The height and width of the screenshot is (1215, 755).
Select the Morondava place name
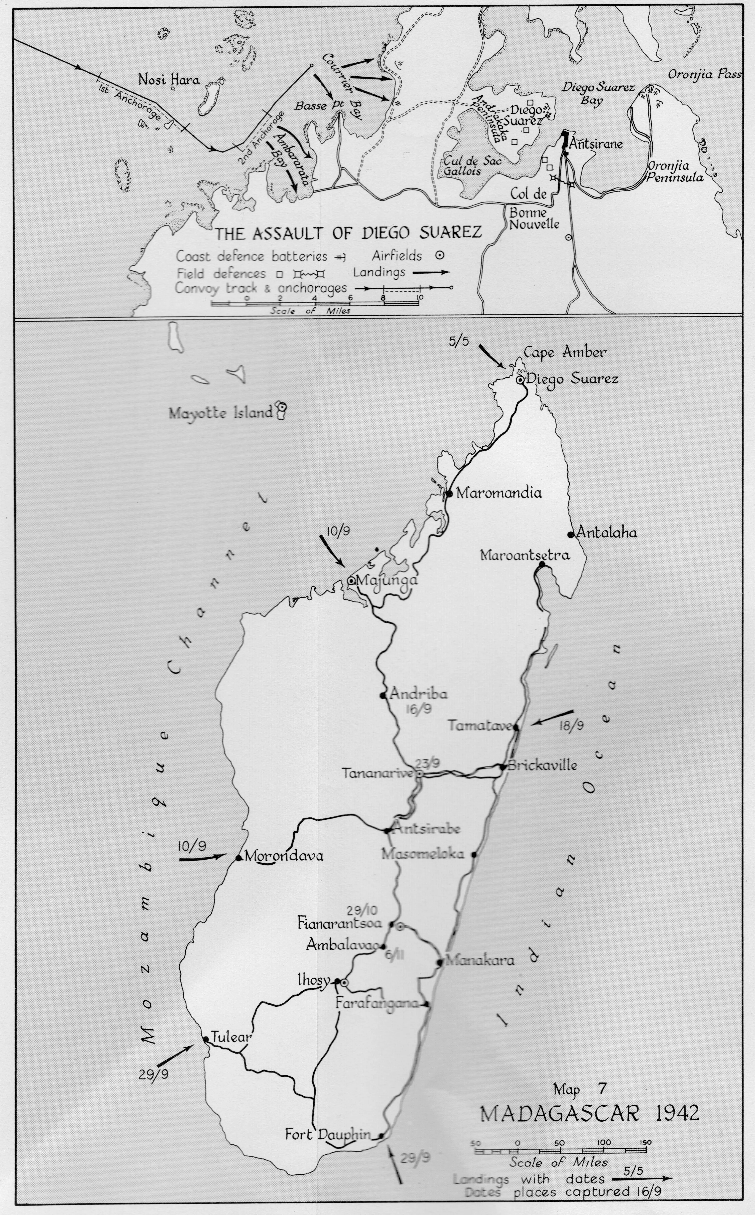coord(284,856)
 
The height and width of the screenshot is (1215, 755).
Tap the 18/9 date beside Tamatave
coord(571,726)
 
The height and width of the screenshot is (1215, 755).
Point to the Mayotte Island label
coord(221,414)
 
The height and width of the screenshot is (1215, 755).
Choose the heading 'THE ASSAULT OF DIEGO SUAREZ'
coord(348,233)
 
